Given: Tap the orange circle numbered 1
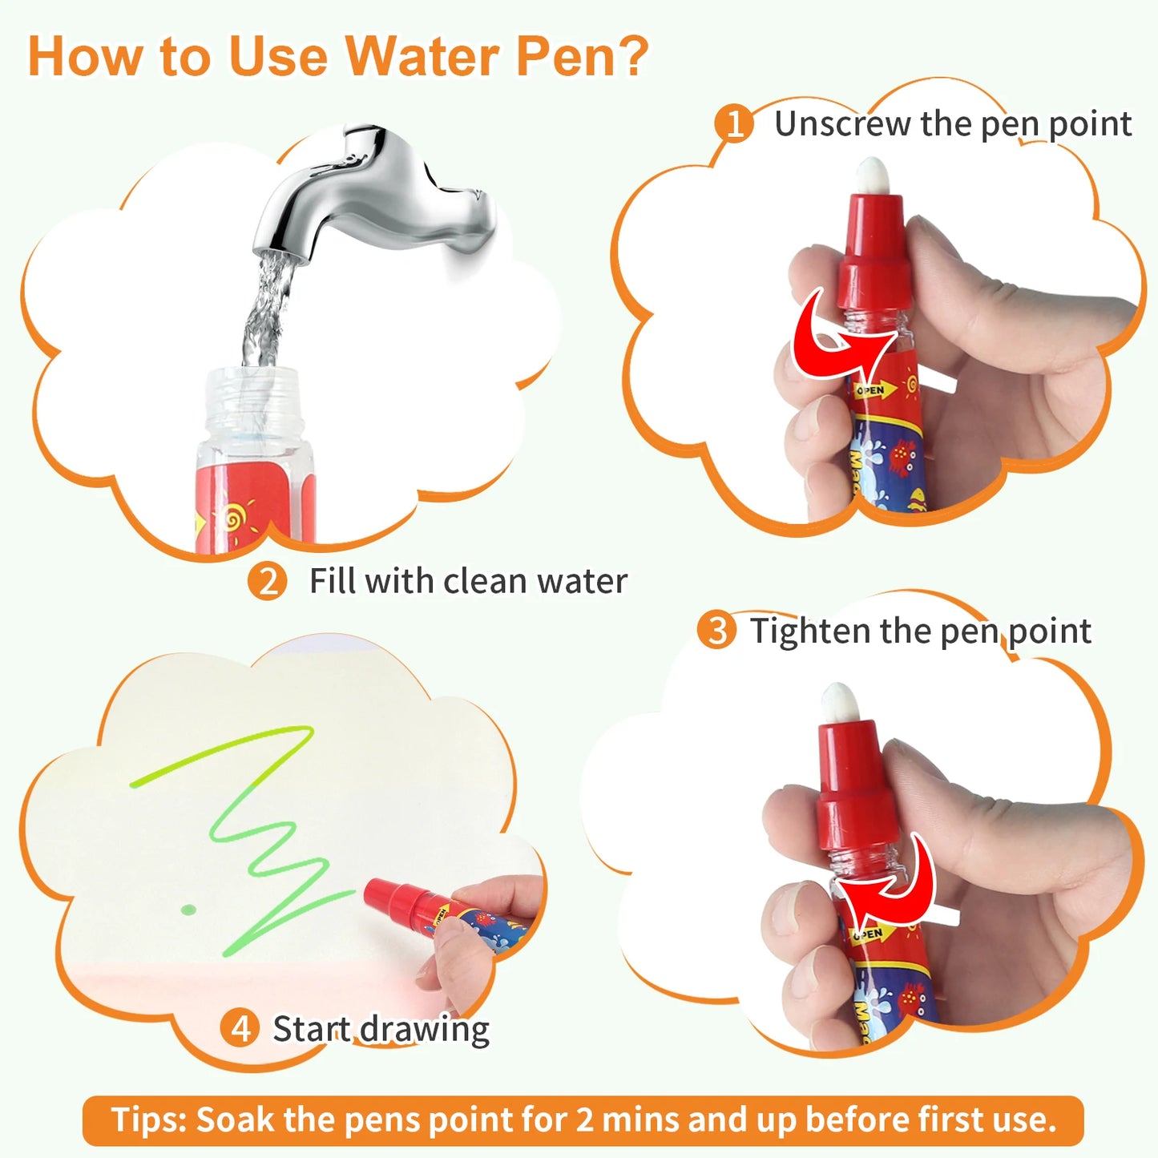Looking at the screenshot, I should tap(733, 124).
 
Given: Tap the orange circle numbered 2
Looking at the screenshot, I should tap(267, 581).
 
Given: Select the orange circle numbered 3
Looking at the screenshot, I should tap(716, 631).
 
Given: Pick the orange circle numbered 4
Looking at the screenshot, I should tap(240, 1028).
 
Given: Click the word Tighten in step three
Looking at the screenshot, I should tap(810, 631).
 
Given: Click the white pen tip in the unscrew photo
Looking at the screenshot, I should tap(873, 175).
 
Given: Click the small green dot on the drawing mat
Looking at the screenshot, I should tap(188, 909).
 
